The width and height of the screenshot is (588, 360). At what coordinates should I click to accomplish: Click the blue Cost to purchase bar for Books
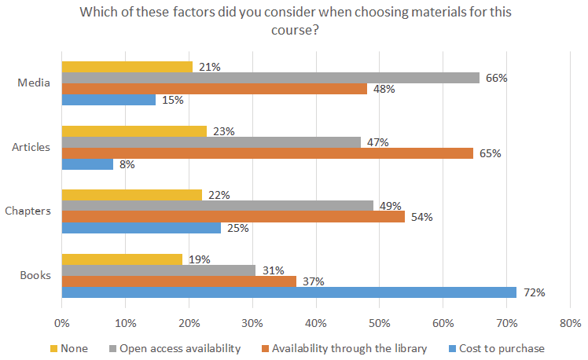288,292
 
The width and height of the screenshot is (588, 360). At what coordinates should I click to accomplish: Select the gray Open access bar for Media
270,78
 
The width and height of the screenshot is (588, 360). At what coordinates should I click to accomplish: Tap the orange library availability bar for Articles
267,153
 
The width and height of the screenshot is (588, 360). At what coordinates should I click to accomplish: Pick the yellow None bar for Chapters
131,195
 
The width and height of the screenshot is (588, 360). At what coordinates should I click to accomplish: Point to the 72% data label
535,292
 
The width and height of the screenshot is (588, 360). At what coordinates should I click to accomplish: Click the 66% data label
497,78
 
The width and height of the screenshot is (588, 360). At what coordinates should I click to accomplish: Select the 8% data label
126,164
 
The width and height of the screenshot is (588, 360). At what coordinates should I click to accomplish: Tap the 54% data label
422,217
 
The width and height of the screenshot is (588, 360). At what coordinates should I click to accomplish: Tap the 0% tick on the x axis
61,323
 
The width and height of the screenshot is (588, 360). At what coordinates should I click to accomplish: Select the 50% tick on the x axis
379,323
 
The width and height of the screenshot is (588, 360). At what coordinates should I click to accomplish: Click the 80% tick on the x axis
570,323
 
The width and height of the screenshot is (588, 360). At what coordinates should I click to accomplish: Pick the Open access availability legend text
175,348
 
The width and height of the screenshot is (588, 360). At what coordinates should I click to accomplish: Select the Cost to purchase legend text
502,348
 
